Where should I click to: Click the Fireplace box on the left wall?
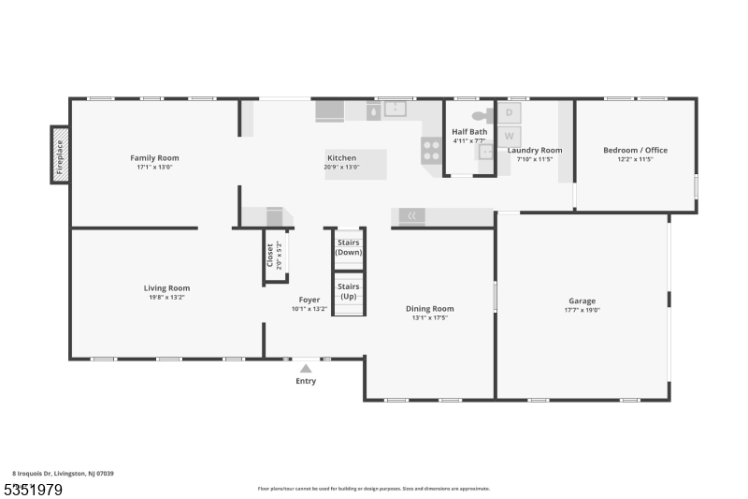[60, 154]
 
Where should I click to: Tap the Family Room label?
[154, 158]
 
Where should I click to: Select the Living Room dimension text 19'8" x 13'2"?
[166, 298]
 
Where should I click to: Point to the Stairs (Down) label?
[349, 247]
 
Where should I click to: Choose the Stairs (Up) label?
[349, 291]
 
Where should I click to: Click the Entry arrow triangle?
[306, 369]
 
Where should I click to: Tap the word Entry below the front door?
[306, 381]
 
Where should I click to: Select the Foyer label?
[309, 300]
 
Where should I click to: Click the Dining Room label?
[429, 308]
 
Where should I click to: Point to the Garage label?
[582, 301]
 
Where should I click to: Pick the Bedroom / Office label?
[635, 150]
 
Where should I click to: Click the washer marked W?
[510, 135]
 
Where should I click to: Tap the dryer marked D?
[510, 113]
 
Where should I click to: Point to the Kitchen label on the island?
[341, 157]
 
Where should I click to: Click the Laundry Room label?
[535, 150]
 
